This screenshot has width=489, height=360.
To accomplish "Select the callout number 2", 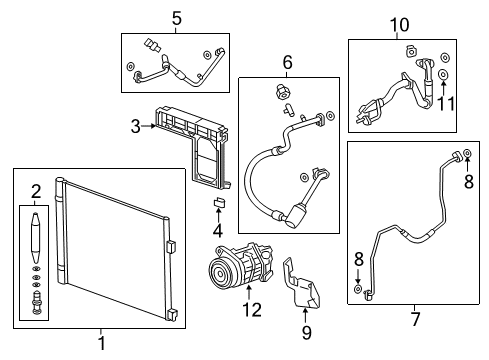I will click(x=36, y=191).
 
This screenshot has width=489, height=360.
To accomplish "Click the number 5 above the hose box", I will click(x=176, y=17).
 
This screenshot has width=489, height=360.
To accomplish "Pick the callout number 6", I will click(x=286, y=63).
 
